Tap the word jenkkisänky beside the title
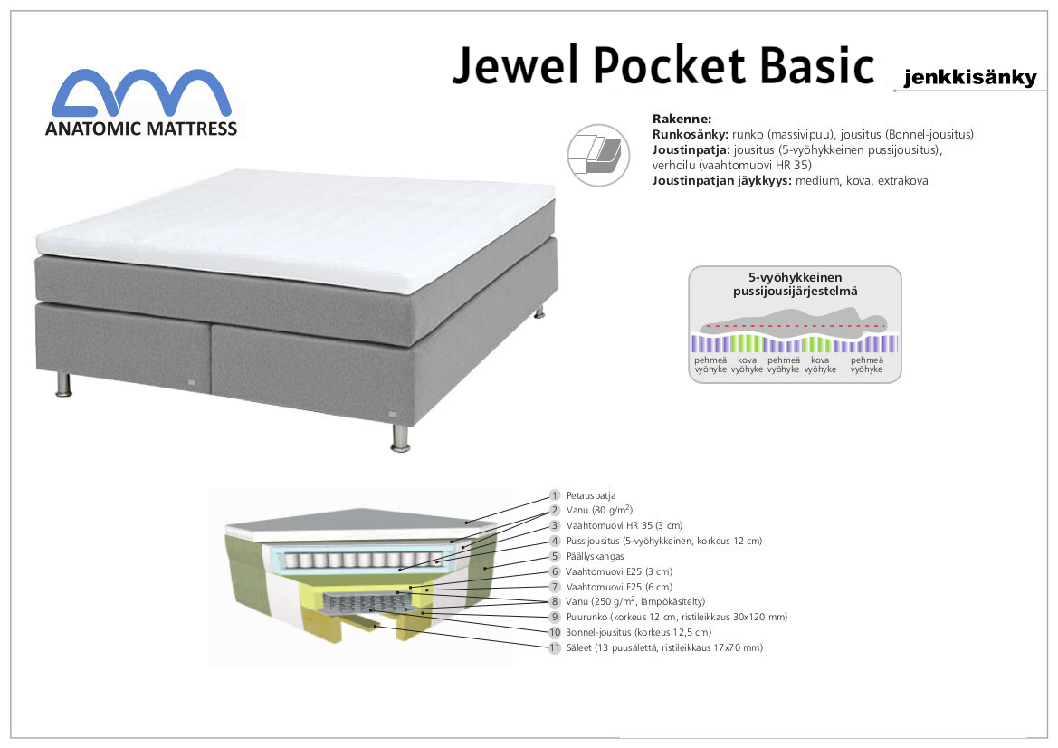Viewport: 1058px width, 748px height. [970, 77]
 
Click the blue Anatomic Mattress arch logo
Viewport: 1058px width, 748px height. [142, 93]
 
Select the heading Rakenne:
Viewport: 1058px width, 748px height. [682, 120]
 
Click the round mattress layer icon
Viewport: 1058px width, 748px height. [598, 155]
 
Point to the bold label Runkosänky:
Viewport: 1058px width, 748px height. [691, 134]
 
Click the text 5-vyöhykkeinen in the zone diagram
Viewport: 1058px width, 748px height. [795, 277]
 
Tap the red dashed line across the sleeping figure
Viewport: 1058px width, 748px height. [794, 325]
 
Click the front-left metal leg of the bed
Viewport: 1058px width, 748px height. [63, 383]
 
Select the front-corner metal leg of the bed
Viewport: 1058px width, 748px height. [400, 437]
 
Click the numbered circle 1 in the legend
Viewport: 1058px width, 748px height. [555, 495]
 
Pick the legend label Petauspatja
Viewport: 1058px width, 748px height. [591, 495]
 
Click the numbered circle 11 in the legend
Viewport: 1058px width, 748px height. [555, 648]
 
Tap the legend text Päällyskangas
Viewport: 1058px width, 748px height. [596, 557]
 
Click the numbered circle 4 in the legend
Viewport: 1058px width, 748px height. [555, 541]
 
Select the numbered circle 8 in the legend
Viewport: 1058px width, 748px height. [555, 601]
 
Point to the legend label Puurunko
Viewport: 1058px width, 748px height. [586, 617]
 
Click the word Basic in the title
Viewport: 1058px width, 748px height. [817, 65]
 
